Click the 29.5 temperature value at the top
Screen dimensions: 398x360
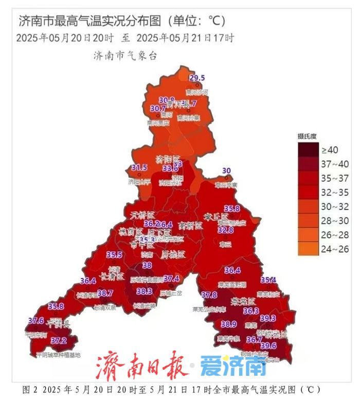pos(197,78)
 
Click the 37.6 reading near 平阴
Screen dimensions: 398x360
pos(36,321)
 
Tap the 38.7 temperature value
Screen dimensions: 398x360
pos(105,293)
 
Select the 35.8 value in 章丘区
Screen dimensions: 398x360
pos(232,209)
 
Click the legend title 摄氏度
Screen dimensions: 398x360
pos(308,136)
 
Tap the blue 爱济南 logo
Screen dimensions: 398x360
pos(233,366)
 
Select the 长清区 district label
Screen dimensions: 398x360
pos(113,276)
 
